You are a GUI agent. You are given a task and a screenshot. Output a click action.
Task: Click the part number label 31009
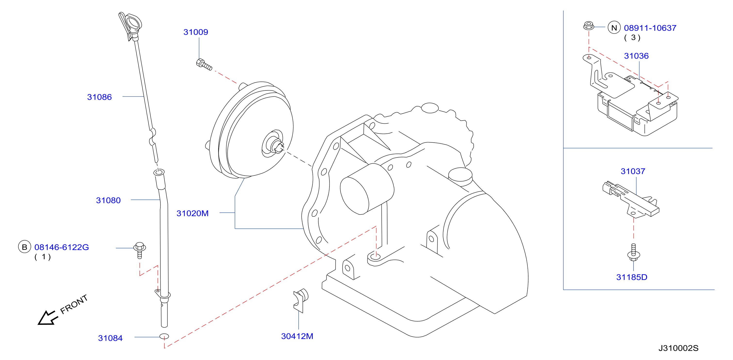(196, 32)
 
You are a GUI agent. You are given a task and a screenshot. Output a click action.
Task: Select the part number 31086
(99, 97)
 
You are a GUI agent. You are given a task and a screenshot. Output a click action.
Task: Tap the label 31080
(108, 200)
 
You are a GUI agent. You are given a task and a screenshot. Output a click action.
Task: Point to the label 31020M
(192, 213)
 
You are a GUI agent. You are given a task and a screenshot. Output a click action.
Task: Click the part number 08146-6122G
(61, 247)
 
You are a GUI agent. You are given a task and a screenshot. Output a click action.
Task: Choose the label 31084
(110, 338)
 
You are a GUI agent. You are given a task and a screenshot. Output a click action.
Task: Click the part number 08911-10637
(650, 28)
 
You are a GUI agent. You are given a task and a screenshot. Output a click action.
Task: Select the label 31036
(636, 56)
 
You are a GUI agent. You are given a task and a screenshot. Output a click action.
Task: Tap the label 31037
(633, 171)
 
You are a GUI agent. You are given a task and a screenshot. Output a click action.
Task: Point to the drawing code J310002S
(678, 348)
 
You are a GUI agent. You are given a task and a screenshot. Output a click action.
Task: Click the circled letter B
(25, 247)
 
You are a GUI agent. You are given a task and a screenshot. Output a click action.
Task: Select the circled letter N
(614, 28)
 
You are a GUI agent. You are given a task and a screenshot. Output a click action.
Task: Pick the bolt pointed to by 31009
(204, 64)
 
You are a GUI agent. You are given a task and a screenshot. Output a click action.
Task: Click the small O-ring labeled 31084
(164, 336)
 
